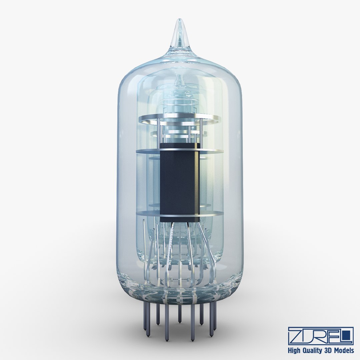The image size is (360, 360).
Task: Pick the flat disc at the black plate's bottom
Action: [x=147, y=213]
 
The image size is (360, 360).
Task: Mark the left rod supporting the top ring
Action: [x=159, y=132]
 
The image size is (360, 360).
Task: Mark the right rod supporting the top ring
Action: [x=201, y=132]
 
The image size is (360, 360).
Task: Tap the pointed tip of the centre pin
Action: [x=180, y=322]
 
